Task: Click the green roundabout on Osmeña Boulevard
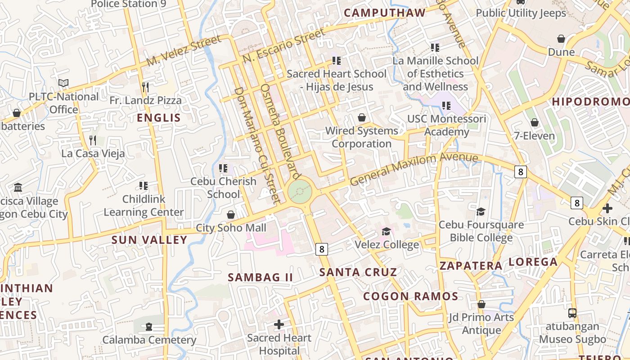[300, 192]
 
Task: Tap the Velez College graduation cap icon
[386, 231]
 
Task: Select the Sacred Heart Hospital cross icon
[279, 324]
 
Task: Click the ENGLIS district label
[158, 118]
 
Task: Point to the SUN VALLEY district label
[149, 240]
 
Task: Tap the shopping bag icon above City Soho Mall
[231, 215]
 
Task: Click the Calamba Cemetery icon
[149, 326]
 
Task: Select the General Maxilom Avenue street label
[414, 169]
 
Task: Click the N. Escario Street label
[283, 46]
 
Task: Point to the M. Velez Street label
[184, 51]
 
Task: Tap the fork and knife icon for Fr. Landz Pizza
[145, 86]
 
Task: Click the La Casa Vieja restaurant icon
[93, 140]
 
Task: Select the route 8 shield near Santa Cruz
[321, 249]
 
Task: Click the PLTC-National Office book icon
[63, 83]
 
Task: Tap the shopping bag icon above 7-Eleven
[535, 122]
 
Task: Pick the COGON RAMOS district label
[410, 297]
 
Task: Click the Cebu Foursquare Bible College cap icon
[481, 211]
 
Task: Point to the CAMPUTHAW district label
[385, 13]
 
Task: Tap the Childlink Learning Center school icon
[144, 185]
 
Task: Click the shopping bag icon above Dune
[561, 39]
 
